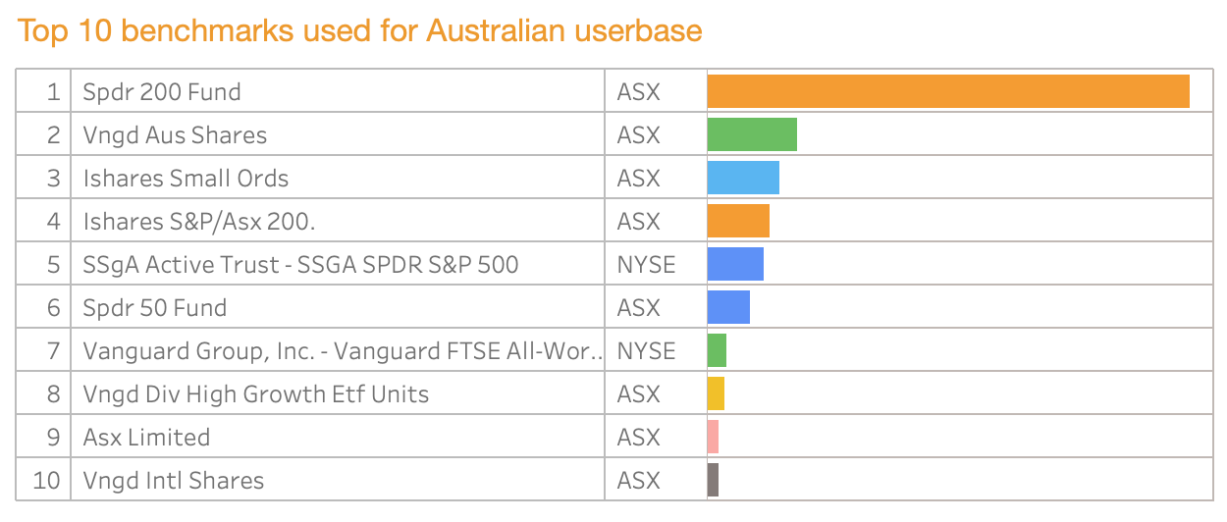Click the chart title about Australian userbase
pyautogui.click(x=359, y=31)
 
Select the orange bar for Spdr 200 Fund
pyautogui.click(x=948, y=91)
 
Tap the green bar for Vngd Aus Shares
pyautogui.click(x=752, y=134)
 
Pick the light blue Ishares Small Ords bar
pyautogui.click(x=743, y=178)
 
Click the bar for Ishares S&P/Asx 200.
pyautogui.click(x=738, y=221)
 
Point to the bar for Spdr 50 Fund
pyautogui.click(x=728, y=307)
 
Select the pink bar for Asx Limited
pyautogui.click(x=714, y=437)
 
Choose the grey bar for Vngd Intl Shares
pyautogui.click(x=714, y=480)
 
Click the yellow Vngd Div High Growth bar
pyautogui.click(x=716, y=393)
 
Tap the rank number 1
pyautogui.click(x=53, y=92)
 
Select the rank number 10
pyautogui.click(x=46, y=481)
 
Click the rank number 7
pyautogui.click(x=53, y=351)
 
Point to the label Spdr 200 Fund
pyautogui.click(x=162, y=92)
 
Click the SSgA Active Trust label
pyautogui.click(x=300, y=265)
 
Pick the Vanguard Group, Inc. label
pyautogui.click(x=343, y=351)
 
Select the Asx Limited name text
pyautogui.click(x=146, y=438)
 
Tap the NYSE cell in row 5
pyautogui.click(x=646, y=265)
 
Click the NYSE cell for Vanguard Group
pyautogui.click(x=646, y=351)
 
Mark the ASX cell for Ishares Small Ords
pyautogui.click(x=639, y=179)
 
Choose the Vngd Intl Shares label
pyautogui.click(x=174, y=481)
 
